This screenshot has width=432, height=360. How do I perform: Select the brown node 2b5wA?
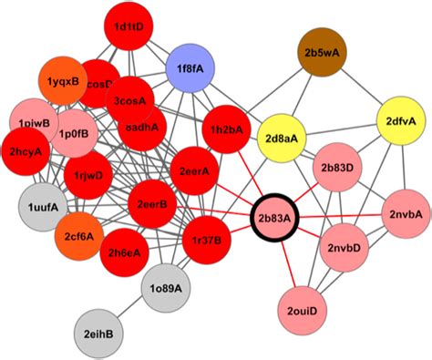[325, 53]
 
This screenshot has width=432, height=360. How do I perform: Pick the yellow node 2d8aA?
[284, 139]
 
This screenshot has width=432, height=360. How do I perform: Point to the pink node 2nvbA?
[404, 214]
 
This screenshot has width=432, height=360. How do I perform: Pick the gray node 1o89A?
[165, 288]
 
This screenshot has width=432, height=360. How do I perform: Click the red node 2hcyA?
[26, 151]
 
